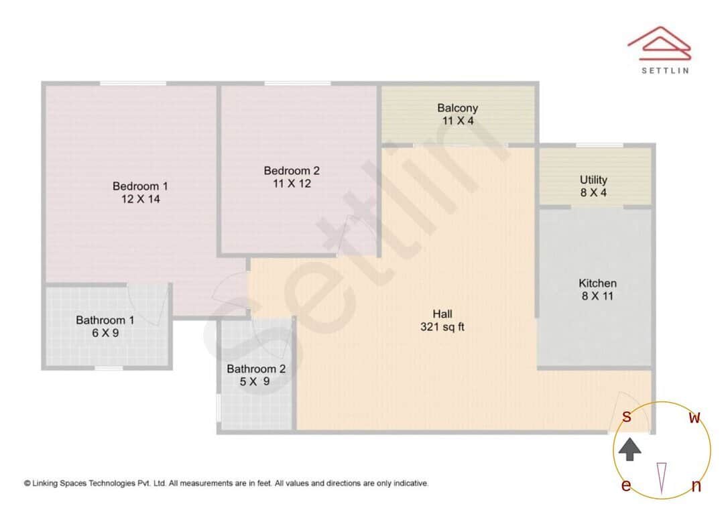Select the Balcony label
(x=458, y=108)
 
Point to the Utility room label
(x=594, y=180)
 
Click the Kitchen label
(x=597, y=283)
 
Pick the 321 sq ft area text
(x=442, y=327)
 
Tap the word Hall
(x=442, y=314)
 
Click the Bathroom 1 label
(x=105, y=320)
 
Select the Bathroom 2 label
(x=256, y=369)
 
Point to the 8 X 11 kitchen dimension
(x=597, y=296)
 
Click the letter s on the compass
(x=627, y=416)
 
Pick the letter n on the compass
(x=696, y=487)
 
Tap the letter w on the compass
(x=695, y=418)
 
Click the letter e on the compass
(x=626, y=486)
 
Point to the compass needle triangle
(x=662, y=477)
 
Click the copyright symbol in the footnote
(x=27, y=483)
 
